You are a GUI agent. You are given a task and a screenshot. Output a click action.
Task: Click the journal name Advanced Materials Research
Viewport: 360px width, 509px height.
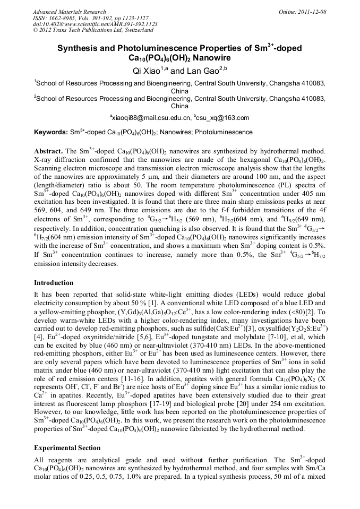point(69,11)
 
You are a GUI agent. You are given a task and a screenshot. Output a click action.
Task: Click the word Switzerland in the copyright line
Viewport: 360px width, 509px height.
point(133,30)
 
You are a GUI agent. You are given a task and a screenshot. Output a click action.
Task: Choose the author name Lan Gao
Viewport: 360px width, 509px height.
point(205,70)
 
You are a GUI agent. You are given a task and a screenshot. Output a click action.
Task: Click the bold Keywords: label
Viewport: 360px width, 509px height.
point(51,132)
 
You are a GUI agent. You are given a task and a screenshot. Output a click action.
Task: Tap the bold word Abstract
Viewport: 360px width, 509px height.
point(49,151)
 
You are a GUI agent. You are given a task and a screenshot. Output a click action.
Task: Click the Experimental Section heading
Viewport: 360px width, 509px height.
point(67,447)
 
